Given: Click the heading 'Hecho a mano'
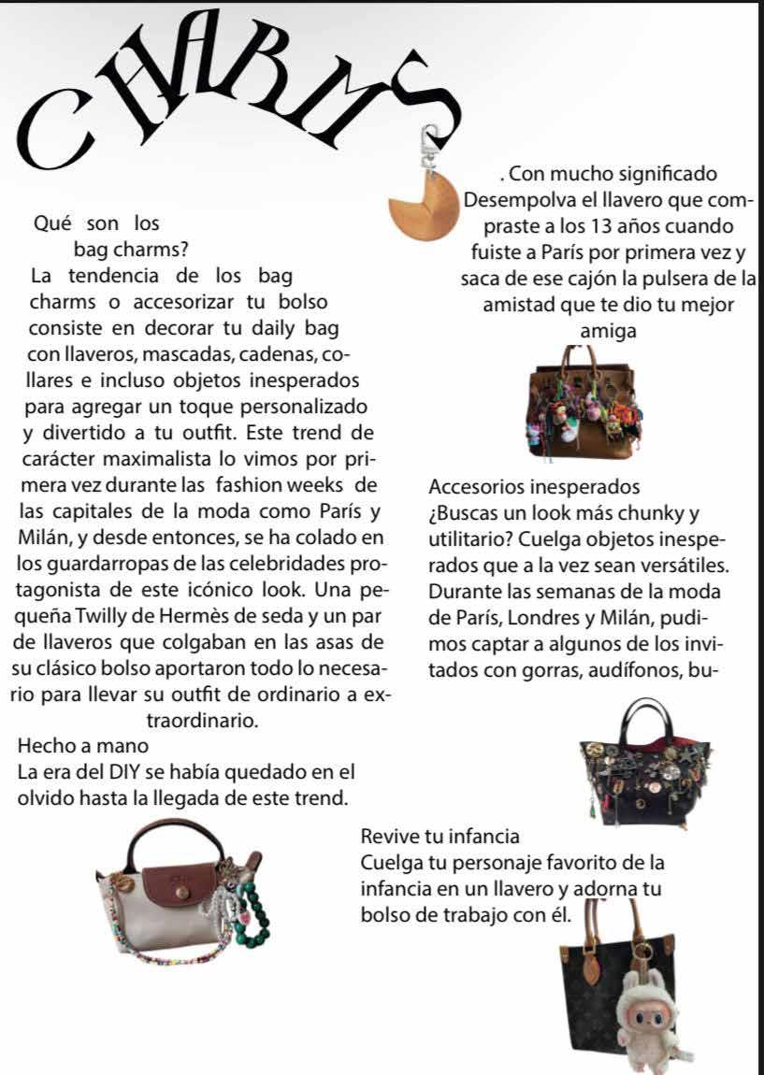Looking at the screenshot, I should coord(82,746).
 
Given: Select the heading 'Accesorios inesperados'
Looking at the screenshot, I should coord(534,487).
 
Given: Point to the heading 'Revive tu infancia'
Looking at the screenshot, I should coord(439,833).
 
